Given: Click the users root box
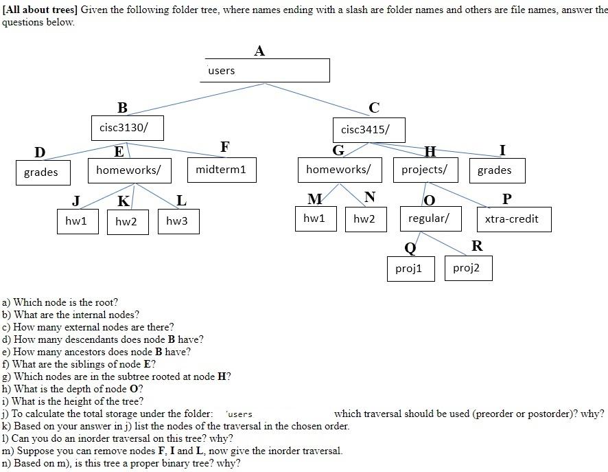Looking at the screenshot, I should [x=267, y=70].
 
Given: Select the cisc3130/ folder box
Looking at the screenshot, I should [x=127, y=128].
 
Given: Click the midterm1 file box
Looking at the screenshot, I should [x=221, y=170].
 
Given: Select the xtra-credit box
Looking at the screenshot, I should [x=513, y=219].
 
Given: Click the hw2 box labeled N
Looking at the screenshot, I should [x=364, y=218].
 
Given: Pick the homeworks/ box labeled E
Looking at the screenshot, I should [x=128, y=170].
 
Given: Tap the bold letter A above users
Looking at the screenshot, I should [x=259, y=51].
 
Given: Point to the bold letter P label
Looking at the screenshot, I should [x=507, y=199].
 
